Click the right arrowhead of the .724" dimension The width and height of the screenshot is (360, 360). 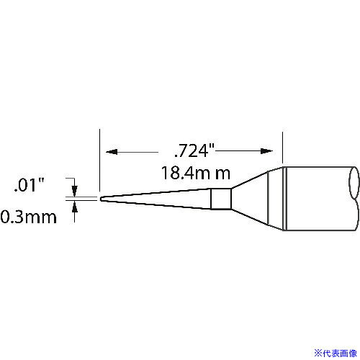[x=269, y=152]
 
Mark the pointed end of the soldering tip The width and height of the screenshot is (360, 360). [x=101, y=198]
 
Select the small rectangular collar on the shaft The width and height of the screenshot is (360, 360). [x=221, y=198]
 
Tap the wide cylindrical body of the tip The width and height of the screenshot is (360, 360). [x=317, y=198]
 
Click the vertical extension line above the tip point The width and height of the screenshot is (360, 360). [x=98, y=158]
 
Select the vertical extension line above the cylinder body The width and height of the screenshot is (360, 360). [x=284, y=148]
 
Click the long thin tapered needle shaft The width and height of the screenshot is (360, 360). [x=158, y=198]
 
